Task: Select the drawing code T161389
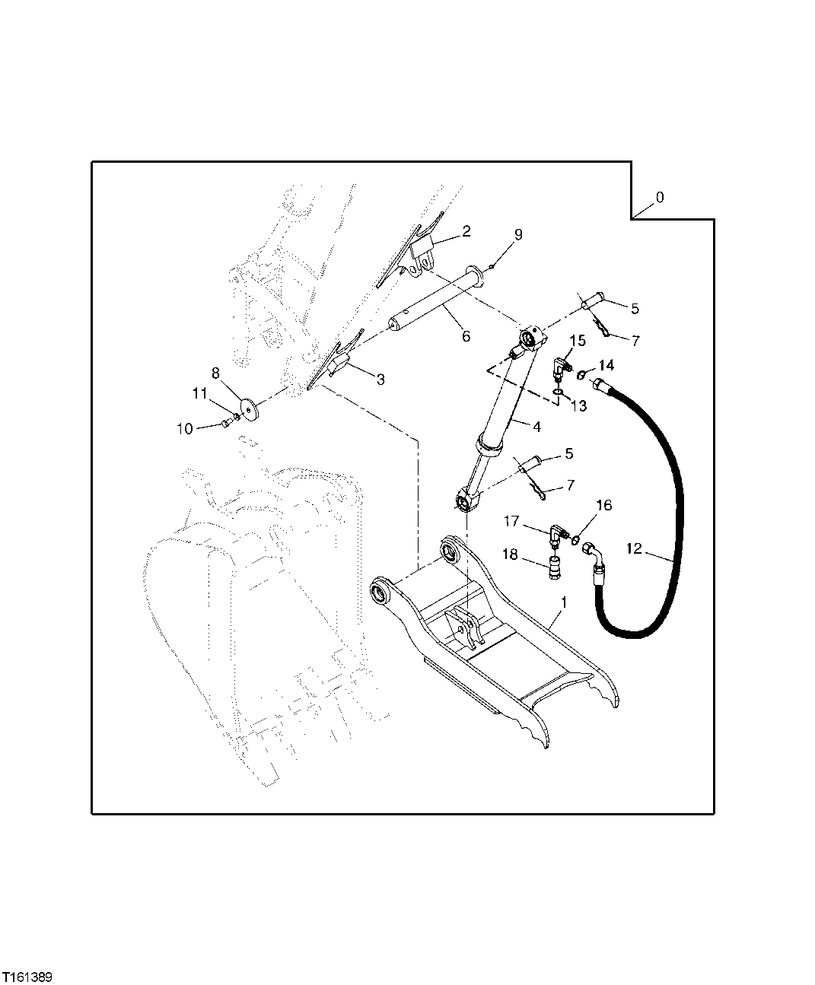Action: pos(27,976)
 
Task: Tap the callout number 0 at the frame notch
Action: pos(659,198)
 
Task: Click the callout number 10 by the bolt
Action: pos(185,429)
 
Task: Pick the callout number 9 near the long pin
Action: pos(517,235)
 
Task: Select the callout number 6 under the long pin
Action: pos(466,336)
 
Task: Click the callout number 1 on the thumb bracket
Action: pos(563,602)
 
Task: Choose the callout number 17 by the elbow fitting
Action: pos(511,522)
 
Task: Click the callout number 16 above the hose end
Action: pos(603,505)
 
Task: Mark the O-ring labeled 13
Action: pos(558,392)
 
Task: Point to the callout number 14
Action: pos(606,366)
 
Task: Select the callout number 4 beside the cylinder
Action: pos(536,427)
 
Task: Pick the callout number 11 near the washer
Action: pos(199,393)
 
